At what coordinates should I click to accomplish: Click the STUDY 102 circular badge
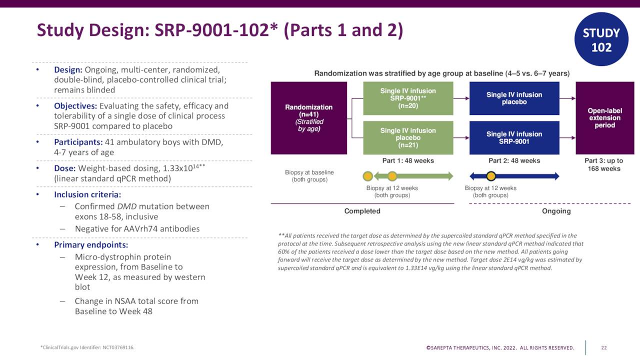601,40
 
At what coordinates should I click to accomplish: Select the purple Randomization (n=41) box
308,118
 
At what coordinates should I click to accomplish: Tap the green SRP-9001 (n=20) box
407,98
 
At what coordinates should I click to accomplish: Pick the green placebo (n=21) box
407,137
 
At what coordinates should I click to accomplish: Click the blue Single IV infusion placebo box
514,98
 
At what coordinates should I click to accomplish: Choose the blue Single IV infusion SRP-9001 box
514,137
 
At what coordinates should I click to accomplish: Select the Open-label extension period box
604,118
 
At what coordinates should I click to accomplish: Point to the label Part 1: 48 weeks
407,161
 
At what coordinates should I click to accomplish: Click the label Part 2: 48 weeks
514,161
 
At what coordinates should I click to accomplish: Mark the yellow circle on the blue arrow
491,176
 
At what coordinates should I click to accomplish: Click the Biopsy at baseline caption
309,176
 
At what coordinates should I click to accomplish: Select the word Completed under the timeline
362,211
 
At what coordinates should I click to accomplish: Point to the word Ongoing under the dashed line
556,211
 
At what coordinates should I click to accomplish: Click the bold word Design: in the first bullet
68,70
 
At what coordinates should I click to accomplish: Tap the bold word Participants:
78,142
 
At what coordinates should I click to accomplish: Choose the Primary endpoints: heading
91,245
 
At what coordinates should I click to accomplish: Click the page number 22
603,347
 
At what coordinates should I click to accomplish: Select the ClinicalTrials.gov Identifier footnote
87,347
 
